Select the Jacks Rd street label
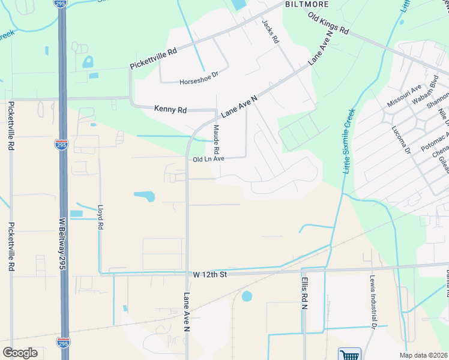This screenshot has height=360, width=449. click(x=270, y=31)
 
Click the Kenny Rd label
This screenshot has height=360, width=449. click(x=170, y=109)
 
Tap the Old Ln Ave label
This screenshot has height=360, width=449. click(x=208, y=159)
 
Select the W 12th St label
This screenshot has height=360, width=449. click(x=209, y=274)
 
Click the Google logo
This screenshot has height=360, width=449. click(x=20, y=352)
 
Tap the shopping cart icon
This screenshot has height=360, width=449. click(x=349, y=354)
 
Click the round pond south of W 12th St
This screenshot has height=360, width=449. click(x=247, y=296)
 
